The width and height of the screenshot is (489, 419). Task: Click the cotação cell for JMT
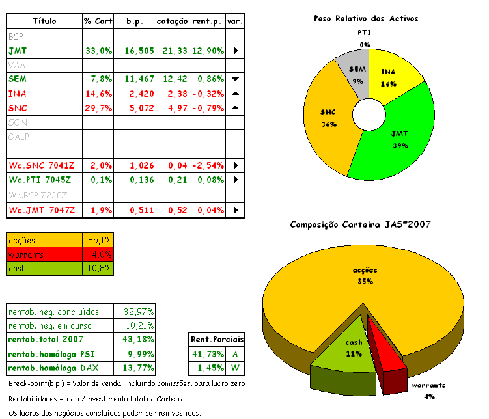(x=173, y=51)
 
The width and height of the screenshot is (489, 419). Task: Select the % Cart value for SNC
(x=98, y=108)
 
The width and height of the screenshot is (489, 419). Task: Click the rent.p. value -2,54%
(x=208, y=165)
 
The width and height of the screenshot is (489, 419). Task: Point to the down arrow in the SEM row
(x=236, y=79)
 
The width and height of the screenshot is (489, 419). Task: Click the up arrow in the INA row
(x=236, y=94)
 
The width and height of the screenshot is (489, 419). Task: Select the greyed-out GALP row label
(x=20, y=137)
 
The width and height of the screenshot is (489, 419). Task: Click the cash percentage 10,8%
(x=100, y=268)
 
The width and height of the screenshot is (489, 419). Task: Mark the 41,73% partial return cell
(x=208, y=354)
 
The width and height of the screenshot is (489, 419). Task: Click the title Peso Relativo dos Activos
(x=365, y=19)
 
